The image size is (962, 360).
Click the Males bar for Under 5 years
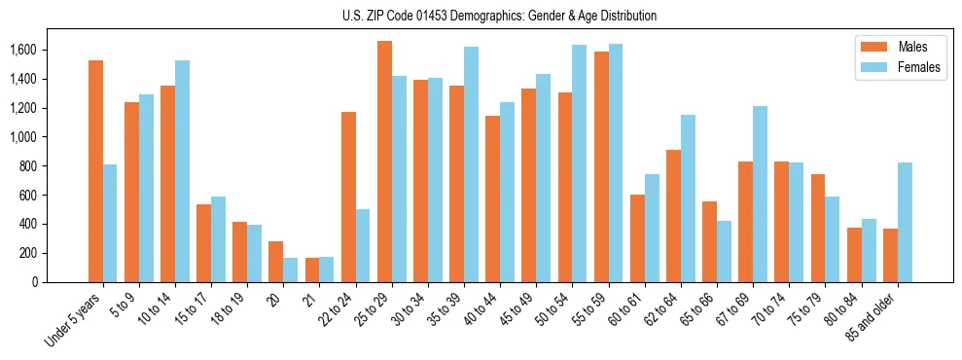(x=95, y=171)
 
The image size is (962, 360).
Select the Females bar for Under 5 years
(x=110, y=223)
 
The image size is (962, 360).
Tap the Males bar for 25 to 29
(x=384, y=162)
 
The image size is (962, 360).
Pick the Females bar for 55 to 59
(x=616, y=162)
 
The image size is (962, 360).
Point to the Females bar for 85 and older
(x=905, y=222)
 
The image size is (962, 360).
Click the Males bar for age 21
(x=312, y=270)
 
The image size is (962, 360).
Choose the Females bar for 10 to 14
(x=182, y=171)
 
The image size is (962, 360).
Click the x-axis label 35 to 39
(x=445, y=310)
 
